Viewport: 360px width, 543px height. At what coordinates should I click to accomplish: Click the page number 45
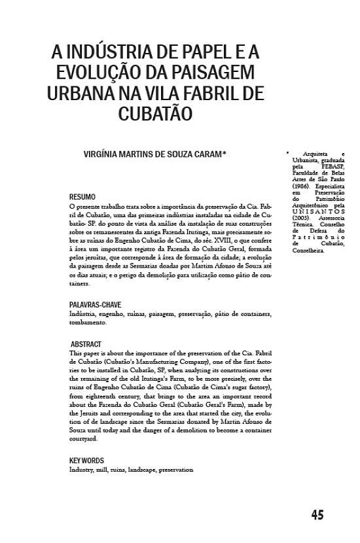[x=317, y=515]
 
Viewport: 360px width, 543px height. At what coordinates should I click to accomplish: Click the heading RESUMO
[x=82, y=196]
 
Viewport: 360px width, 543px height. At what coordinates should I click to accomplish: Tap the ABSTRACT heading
[x=86, y=343]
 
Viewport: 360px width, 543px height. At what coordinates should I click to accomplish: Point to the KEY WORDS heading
[x=86, y=461]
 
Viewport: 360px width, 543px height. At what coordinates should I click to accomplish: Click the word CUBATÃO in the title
[x=155, y=114]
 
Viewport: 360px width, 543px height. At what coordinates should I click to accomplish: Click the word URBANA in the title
[x=81, y=93]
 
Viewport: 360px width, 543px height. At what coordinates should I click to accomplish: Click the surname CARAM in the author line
[x=207, y=154]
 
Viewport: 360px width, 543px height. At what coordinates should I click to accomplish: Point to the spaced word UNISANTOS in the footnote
[x=318, y=212]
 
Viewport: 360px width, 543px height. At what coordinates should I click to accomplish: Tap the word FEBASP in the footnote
[x=333, y=167]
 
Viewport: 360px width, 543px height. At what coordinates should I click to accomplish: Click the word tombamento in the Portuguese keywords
[x=88, y=323]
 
